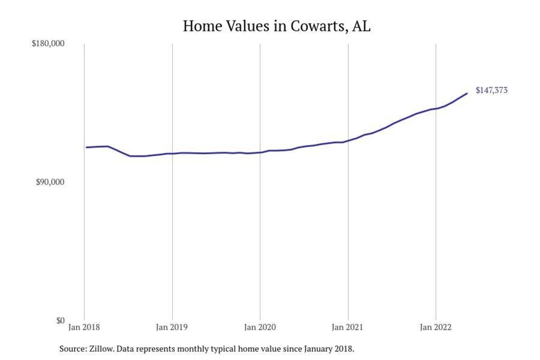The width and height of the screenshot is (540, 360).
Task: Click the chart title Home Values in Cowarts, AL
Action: (x=276, y=26)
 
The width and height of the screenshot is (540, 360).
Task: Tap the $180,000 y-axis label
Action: (x=48, y=44)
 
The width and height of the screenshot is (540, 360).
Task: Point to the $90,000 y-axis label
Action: (x=50, y=182)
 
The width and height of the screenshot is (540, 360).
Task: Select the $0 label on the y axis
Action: (x=60, y=320)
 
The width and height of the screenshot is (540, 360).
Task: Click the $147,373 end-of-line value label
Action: (x=491, y=90)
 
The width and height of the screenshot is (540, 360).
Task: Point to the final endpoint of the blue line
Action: (x=467, y=93)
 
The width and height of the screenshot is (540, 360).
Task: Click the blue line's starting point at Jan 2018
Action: (x=86, y=147)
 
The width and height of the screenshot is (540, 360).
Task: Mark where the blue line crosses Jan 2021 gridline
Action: (x=348, y=141)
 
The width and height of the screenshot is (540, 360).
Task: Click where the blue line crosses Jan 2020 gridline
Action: (x=260, y=152)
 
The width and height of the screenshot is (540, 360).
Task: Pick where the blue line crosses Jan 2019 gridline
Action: (x=172, y=153)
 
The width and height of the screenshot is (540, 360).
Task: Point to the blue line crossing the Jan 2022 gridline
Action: (x=436, y=108)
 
